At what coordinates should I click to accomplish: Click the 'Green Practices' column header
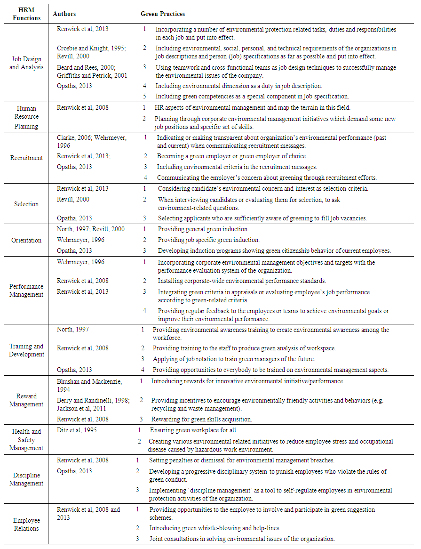coord(163,14)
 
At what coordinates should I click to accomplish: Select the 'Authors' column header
coord(64,14)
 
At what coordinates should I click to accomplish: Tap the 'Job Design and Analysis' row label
coord(26,63)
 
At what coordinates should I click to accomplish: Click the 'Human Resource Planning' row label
coord(26,117)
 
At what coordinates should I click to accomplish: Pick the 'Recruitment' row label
coord(26,158)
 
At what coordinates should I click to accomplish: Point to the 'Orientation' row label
coord(26,240)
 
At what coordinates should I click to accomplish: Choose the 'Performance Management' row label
coord(26,291)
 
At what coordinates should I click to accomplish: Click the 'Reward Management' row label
coord(26,400)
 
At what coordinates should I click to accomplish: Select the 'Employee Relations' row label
coord(26,525)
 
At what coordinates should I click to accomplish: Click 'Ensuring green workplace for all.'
coord(193,430)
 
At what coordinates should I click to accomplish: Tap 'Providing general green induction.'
coord(203,229)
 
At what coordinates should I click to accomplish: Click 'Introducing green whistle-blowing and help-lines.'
coord(218,528)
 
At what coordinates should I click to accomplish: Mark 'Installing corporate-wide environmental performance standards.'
coord(242,281)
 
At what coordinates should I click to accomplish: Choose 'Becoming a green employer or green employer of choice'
coord(231,156)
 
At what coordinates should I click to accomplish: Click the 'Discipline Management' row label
coord(26,479)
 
